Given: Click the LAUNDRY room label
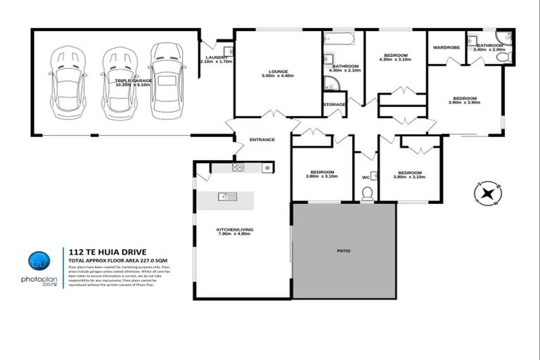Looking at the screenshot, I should [x=216, y=57].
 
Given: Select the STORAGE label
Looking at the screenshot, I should [x=335, y=104].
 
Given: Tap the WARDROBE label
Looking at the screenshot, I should [x=446, y=48].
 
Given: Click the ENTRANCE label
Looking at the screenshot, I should [x=262, y=140].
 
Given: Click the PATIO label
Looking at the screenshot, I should [x=344, y=250].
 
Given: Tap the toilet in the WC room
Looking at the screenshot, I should [x=366, y=199].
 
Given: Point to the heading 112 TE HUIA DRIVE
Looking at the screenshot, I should [x=98, y=249].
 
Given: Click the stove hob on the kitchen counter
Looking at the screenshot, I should [x=238, y=168].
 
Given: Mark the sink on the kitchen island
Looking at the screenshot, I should [x=224, y=196].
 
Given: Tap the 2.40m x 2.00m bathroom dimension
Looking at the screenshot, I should [x=490, y=50].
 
